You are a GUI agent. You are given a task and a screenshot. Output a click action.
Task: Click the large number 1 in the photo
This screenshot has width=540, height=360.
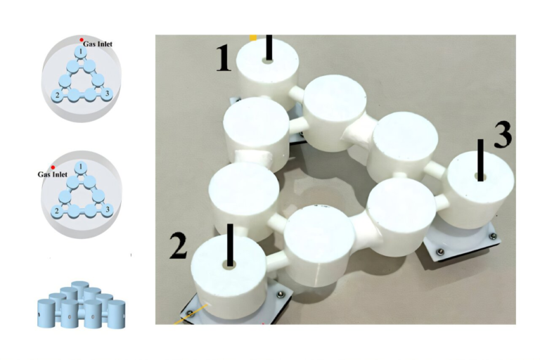coord(223,58)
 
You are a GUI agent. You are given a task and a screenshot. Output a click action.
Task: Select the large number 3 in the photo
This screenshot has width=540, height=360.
coord(502,135)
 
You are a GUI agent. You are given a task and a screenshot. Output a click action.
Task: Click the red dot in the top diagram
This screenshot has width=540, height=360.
coord(82,39)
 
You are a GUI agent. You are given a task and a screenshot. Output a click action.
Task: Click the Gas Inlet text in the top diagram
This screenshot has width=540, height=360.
coord(97,44)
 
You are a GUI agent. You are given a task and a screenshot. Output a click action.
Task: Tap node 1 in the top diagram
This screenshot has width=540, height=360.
coord(82,52)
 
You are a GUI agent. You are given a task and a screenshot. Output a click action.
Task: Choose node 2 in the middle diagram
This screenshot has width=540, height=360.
coord(57,210)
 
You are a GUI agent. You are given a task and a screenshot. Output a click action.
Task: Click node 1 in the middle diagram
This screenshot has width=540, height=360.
coord(82,167)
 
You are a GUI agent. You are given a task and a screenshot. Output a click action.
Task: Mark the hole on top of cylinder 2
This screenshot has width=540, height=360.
coord(229,264)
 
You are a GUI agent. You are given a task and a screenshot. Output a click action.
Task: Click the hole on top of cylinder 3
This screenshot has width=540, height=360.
coord(480,178)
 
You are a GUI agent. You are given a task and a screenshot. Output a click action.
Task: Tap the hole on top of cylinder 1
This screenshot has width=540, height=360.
coord(268,60)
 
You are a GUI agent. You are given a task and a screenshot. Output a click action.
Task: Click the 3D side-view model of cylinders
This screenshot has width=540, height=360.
coord(79,305)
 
